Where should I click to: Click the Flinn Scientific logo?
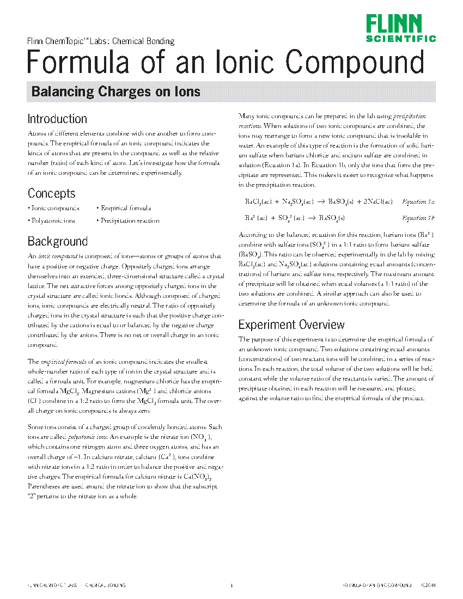pos(400,28)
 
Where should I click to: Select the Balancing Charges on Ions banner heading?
pos(116,91)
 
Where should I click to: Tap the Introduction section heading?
pos(57,119)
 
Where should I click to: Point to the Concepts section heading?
pos(52,193)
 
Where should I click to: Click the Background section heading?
pos(57,241)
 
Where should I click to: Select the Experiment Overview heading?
pos(291,325)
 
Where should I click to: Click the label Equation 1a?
pos(418,202)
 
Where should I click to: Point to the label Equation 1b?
pos(418,218)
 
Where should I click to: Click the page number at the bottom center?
pos(231,585)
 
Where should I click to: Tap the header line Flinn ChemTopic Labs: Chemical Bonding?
pos(101,41)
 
